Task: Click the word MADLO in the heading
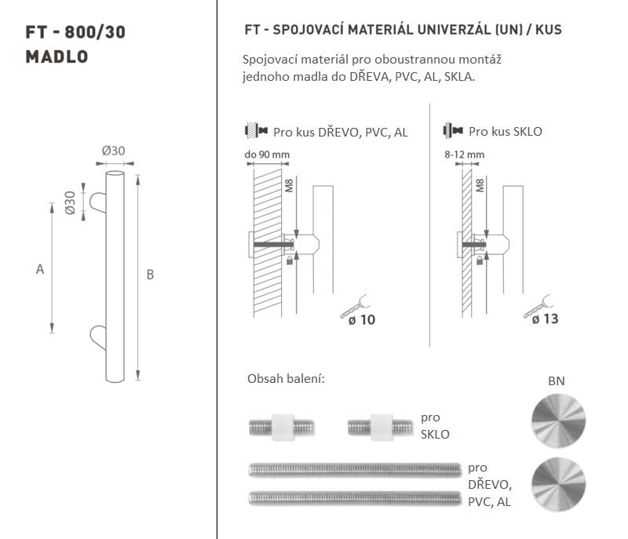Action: click(57, 56)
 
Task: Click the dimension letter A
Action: click(40, 269)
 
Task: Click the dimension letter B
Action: click(150, 275)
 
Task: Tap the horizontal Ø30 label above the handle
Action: click(113, 151)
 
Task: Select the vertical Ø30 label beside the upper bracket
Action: click(70, 202)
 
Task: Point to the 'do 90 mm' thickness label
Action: click(267, 155)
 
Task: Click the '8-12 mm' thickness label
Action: click(464, 155)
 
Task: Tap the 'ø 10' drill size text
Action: click(362, 320)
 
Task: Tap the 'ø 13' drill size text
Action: click(545, 319)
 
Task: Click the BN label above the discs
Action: click(557, 381)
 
